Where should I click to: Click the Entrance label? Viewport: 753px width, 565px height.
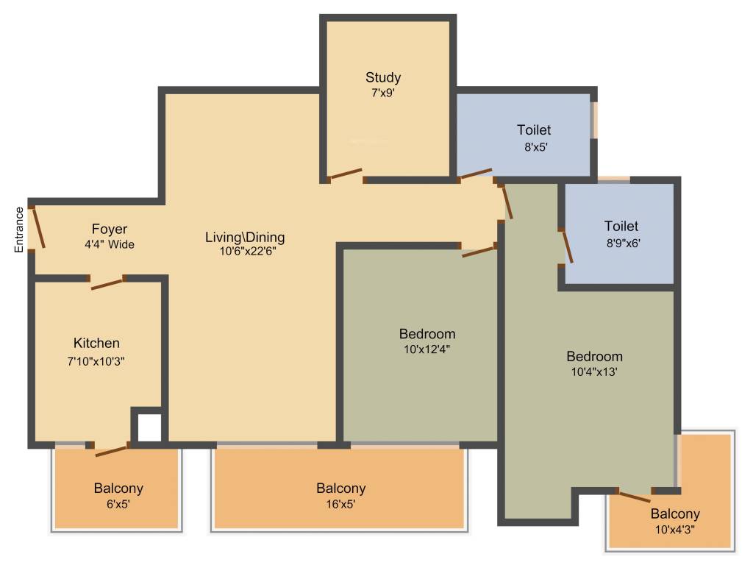[18, 230]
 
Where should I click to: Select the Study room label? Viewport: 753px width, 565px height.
[382, 77]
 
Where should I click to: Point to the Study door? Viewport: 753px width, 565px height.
[346, 174]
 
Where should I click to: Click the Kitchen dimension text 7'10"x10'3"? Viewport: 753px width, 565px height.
[96, 361]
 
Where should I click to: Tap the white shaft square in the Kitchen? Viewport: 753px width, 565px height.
[149, 427]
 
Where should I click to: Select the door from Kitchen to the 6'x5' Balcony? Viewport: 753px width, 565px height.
[112, 451]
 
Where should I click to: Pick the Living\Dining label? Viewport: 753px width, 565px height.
[245, 238]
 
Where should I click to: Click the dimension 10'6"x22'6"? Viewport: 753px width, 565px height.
[248, 252]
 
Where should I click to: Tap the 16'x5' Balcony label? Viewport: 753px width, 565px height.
[341, 488]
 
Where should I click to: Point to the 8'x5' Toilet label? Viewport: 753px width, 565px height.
[534, 129]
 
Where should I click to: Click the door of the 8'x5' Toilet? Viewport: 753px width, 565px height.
[476, 174]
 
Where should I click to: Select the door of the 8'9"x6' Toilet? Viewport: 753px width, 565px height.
[566, 246]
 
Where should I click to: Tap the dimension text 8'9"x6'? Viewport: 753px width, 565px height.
[623, 243]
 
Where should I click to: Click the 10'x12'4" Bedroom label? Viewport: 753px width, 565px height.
[427, 334]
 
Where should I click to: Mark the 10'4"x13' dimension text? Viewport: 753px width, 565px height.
[593, 372]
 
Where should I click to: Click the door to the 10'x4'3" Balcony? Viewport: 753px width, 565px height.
[634, 497]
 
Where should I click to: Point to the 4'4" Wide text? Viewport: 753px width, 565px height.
[110, 244]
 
